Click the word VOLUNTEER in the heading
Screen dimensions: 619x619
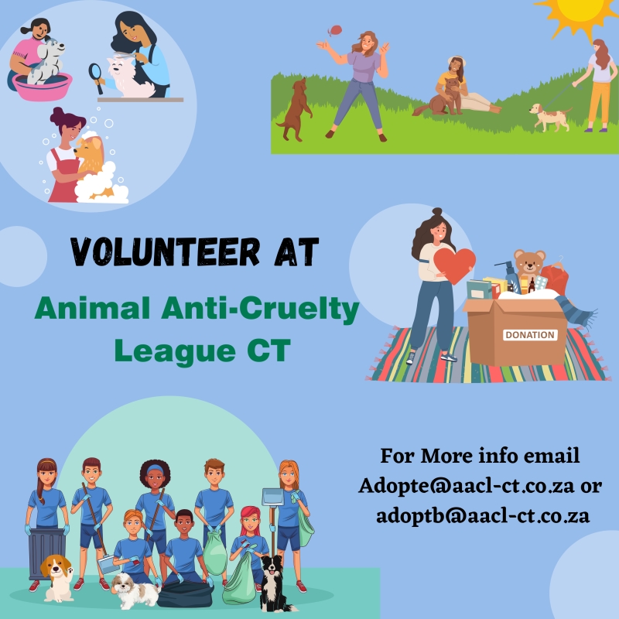pyautogui.click(x=166, y=252)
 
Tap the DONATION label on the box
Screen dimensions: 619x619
pyautogui.click(x=530, y=335)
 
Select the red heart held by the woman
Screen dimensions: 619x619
pyautogui.click(x=454, y=265)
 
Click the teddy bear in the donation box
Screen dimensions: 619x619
pyautogui.click(x=529, y=263)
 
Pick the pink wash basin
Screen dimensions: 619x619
pyautogui.click(x=43, y=86)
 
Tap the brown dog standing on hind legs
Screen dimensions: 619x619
pyautogui.click(x=296, y=109)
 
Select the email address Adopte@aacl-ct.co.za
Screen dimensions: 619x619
pyautogui.click(x=467, y=486)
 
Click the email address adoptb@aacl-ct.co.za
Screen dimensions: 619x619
pyautogui.click(x=483, y=515)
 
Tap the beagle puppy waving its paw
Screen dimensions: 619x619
pyautogui.click(x=57, y=577)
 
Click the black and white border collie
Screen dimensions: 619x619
pyautogui.click(x=274, y=583)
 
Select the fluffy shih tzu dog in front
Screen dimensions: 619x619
pyautogui.click(x=135, y=590)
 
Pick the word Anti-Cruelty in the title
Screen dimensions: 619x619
pyautogui.click(x=260, y=309)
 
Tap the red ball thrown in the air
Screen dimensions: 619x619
pyautogui.click(x=335, y=30)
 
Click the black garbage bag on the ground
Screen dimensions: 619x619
pyautogui.click(x=185, y=593)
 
